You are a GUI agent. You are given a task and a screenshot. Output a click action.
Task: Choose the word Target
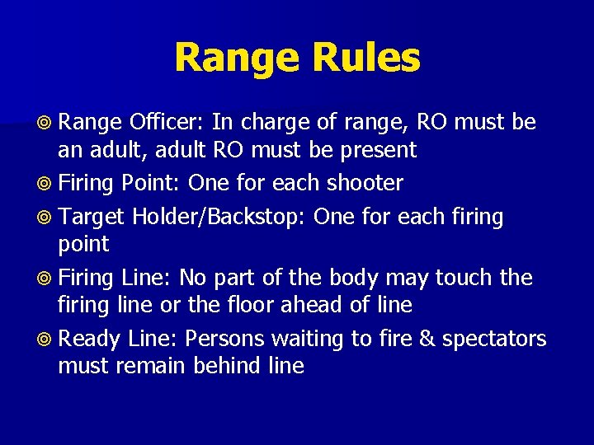tap(92, 217)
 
